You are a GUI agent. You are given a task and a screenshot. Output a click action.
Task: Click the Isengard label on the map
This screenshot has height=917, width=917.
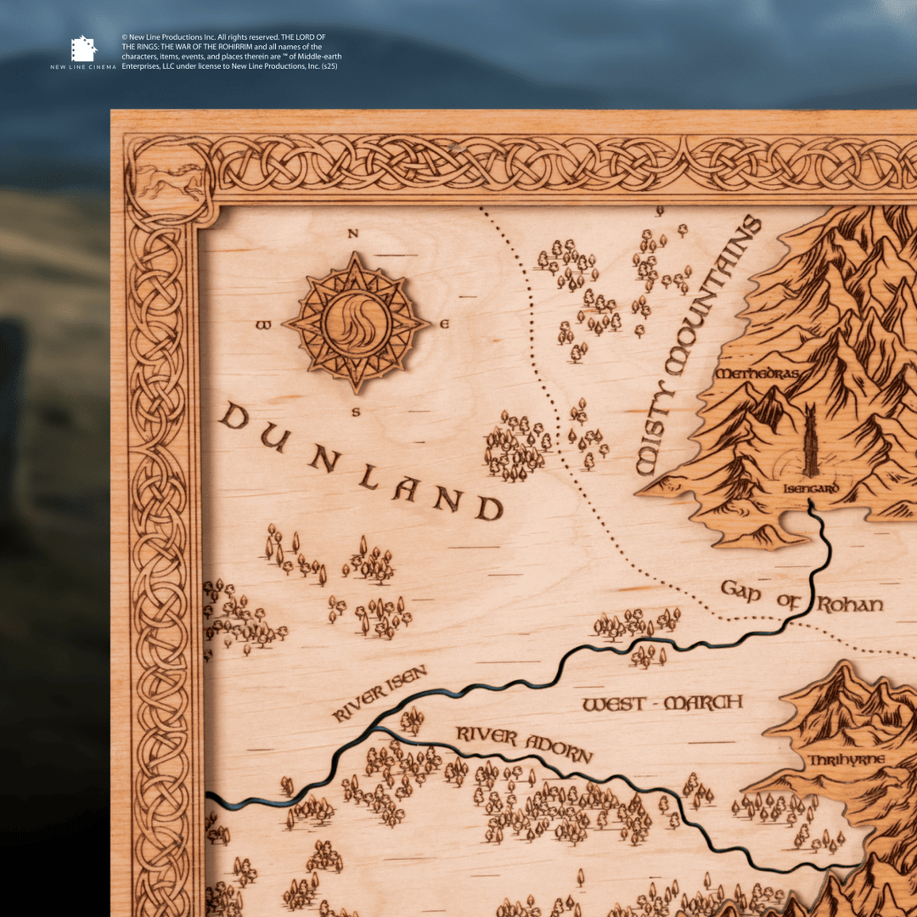812,489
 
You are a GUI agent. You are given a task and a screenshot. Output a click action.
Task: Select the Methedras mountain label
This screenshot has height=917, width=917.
758,374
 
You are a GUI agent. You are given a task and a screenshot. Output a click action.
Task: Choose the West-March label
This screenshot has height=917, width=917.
662,703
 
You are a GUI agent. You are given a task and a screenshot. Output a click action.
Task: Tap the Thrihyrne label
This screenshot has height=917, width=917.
846,759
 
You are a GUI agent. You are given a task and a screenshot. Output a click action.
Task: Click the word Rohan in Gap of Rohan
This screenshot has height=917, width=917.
850,605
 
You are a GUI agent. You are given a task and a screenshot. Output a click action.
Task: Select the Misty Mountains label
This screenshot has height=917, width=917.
698,345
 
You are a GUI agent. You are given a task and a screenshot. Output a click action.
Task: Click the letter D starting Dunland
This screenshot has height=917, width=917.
233,416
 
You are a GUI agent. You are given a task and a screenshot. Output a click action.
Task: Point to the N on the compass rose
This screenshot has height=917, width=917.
353,235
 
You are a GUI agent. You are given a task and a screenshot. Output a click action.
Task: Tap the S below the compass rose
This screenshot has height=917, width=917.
356,413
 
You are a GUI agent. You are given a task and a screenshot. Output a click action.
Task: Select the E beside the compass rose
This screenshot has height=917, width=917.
444,324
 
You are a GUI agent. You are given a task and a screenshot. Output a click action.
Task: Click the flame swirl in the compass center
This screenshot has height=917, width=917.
356,323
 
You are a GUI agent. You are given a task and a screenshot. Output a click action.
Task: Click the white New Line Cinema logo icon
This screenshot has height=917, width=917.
83,48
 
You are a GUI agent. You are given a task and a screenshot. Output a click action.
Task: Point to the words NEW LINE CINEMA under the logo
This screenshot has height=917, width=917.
83,66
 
